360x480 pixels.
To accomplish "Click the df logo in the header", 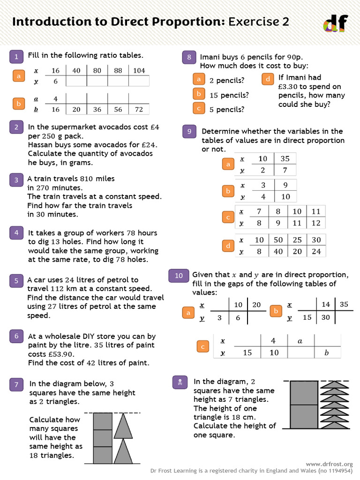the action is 336,23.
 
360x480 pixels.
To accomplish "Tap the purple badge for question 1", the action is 16,57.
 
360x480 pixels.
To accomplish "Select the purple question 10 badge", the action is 179,276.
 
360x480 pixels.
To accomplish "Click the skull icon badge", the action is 180,382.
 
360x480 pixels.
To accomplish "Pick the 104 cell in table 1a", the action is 139,70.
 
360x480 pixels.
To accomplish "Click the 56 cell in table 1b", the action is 118,109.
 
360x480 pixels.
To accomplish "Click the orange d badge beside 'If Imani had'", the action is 268,79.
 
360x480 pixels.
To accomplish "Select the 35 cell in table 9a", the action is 285,158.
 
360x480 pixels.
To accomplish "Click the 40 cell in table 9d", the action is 278,251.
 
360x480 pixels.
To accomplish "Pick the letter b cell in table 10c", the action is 327,352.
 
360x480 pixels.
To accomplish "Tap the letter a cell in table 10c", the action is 300,341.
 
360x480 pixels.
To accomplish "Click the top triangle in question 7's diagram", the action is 123,426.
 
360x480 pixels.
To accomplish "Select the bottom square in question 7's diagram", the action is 103,455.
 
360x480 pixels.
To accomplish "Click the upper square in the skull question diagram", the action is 304,393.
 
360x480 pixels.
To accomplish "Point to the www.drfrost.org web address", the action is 329,464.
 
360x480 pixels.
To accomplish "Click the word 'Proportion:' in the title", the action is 188,22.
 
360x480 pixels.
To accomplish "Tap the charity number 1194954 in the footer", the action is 339,471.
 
